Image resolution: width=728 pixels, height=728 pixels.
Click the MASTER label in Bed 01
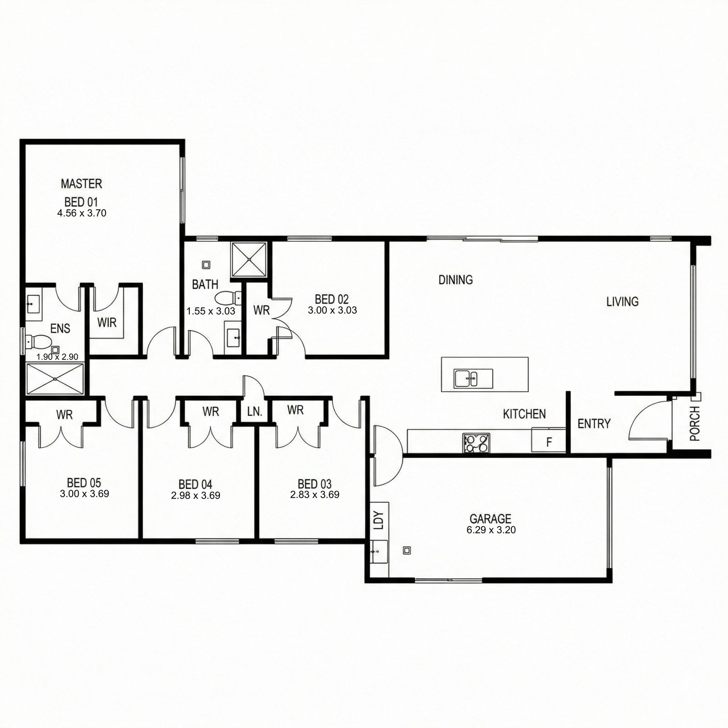click(81, 184)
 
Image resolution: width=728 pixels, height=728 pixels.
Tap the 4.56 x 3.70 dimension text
click(82, 213)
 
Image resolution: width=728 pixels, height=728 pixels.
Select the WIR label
click(107, 323)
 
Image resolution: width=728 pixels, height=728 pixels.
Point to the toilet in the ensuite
click(38, 340)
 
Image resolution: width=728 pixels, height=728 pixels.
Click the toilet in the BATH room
click(228, 298)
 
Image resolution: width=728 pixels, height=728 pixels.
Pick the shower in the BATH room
click(249, 259)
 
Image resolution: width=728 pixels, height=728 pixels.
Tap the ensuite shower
click(55, 378)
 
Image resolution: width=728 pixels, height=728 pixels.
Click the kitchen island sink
click(473, 378)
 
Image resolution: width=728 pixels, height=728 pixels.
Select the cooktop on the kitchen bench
click(476, 443)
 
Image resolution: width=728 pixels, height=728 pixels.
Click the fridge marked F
click(549, 440)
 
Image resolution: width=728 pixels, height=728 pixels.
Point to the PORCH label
click(694, 424)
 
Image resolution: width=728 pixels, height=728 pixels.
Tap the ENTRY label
click(594, 424)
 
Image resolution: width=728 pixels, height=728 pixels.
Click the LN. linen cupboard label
click(255, 412)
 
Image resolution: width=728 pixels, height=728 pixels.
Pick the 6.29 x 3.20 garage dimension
click(491, 530)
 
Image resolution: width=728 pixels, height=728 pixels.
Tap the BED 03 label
click(314, 484)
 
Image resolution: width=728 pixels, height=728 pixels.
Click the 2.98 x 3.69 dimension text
click(196, 495)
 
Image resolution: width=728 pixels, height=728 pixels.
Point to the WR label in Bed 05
click(65, 415)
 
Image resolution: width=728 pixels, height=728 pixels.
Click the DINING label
click(455, 279)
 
